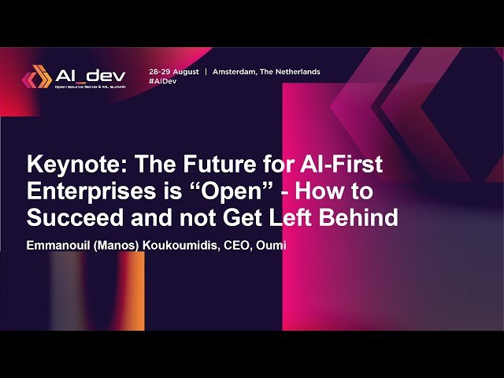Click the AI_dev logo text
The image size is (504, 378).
pos(90,75)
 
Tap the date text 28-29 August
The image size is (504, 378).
pos(173,72)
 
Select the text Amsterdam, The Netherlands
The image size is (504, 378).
pos(266,72)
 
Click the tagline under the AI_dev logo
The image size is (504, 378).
pos(90,87)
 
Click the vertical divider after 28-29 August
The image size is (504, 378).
pos(206,72)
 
